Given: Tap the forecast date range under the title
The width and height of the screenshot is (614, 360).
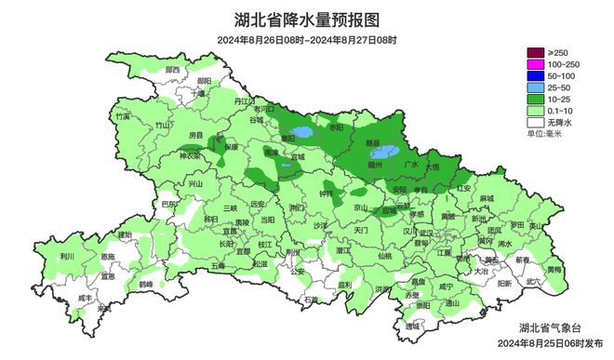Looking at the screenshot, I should coord(307,39).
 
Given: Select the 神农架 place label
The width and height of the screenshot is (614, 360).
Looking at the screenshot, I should coord(191,156).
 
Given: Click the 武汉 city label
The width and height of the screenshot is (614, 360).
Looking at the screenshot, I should coord(425,233).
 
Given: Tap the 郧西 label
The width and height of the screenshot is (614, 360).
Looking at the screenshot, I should coord(172,70).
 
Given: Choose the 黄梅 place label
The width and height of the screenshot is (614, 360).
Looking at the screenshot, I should coord(554,270).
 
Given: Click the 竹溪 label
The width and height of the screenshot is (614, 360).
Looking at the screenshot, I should coord(121,117).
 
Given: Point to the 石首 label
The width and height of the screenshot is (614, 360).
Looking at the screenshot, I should coord(311,300).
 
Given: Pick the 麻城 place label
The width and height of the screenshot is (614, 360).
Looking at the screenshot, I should coord(487,198).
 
